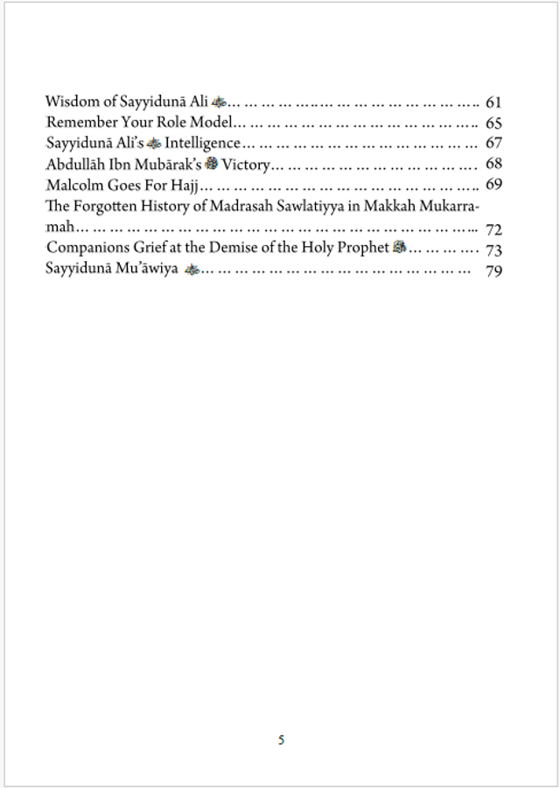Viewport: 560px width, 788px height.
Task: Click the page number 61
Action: [x=493, y=102]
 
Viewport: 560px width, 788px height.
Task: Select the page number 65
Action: [x=493, y=123]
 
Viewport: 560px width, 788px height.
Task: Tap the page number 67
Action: [x=493, y=144]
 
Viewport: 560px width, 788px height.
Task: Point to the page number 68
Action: [x=493, y=164]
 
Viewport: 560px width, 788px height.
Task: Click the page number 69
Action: [x=493, y=184]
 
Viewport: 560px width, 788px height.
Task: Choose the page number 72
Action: [x=493, y=230]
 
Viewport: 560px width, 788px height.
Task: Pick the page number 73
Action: [x=493, y=250]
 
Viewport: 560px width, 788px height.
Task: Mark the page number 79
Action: [x=493, y=271]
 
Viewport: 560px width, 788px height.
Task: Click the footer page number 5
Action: [x=281, y=740]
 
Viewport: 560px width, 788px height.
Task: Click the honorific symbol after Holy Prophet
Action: [x=399, y=248]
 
